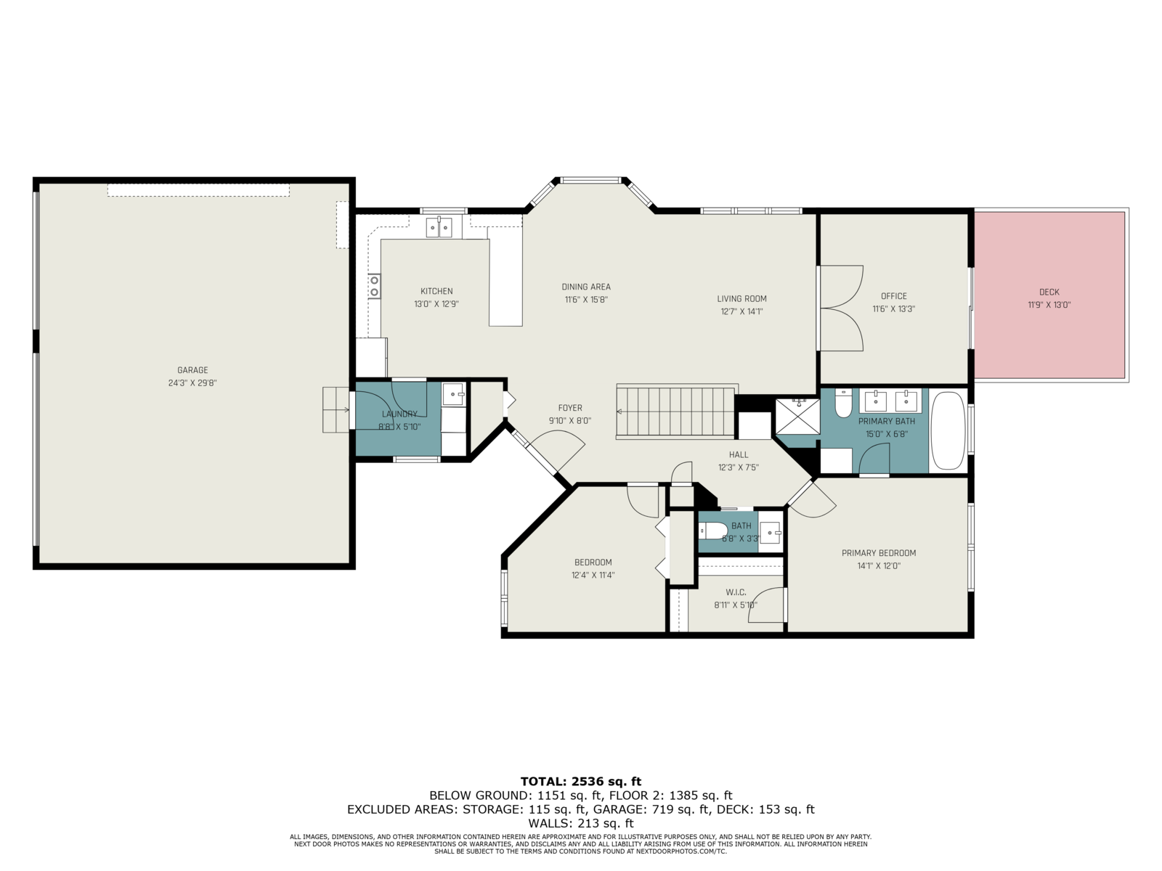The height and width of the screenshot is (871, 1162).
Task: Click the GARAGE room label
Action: pyautogui.click(x=192, y=370)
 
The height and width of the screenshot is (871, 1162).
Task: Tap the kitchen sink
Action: pyautogui.click(x=439, y=227)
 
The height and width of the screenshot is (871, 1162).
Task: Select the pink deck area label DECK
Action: pyautogui.click(x=1049, y=292)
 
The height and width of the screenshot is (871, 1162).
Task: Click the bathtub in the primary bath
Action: pyautogui.click(x=948, y=430)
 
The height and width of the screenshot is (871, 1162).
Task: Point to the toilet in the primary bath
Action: pyautogui.click(x=842, y=403)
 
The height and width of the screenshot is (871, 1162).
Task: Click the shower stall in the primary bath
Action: pyautogui.click(x=797, y=417)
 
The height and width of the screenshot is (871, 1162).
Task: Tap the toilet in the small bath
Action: pyautogui.click(x=712, y=530)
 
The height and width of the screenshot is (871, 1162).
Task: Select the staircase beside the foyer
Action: pyautogui.click(x=675, y=412)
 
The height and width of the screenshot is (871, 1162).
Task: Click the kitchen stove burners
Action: pyautogui.click(x=374, y=286)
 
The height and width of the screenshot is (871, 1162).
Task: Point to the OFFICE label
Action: pyautogui.click(x=893, y=296)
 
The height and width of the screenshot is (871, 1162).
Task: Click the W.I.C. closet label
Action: pyautogui.click(x=736, y=592)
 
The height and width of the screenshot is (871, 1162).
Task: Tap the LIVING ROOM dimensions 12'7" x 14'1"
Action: pyautogui.click(x=742, y=311)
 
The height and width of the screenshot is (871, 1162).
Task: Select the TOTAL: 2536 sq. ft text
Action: pyautogui.click(x=581, y=782)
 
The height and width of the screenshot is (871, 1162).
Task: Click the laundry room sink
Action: pyautogui.click(x=454, y=395)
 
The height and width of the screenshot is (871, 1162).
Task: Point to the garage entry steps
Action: pyautogui.click(x=336, y=410)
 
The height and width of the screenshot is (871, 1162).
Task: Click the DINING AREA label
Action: pyautogui.click(x=586, y=287)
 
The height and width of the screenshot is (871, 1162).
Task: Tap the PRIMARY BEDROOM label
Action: pyautogui.click(x=879, y=553)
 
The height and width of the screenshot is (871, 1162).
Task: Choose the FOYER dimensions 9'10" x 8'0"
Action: pyautogui.click(x=569, y=421)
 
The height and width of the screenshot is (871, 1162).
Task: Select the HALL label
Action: pyautogui.click(x=739, y=455)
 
